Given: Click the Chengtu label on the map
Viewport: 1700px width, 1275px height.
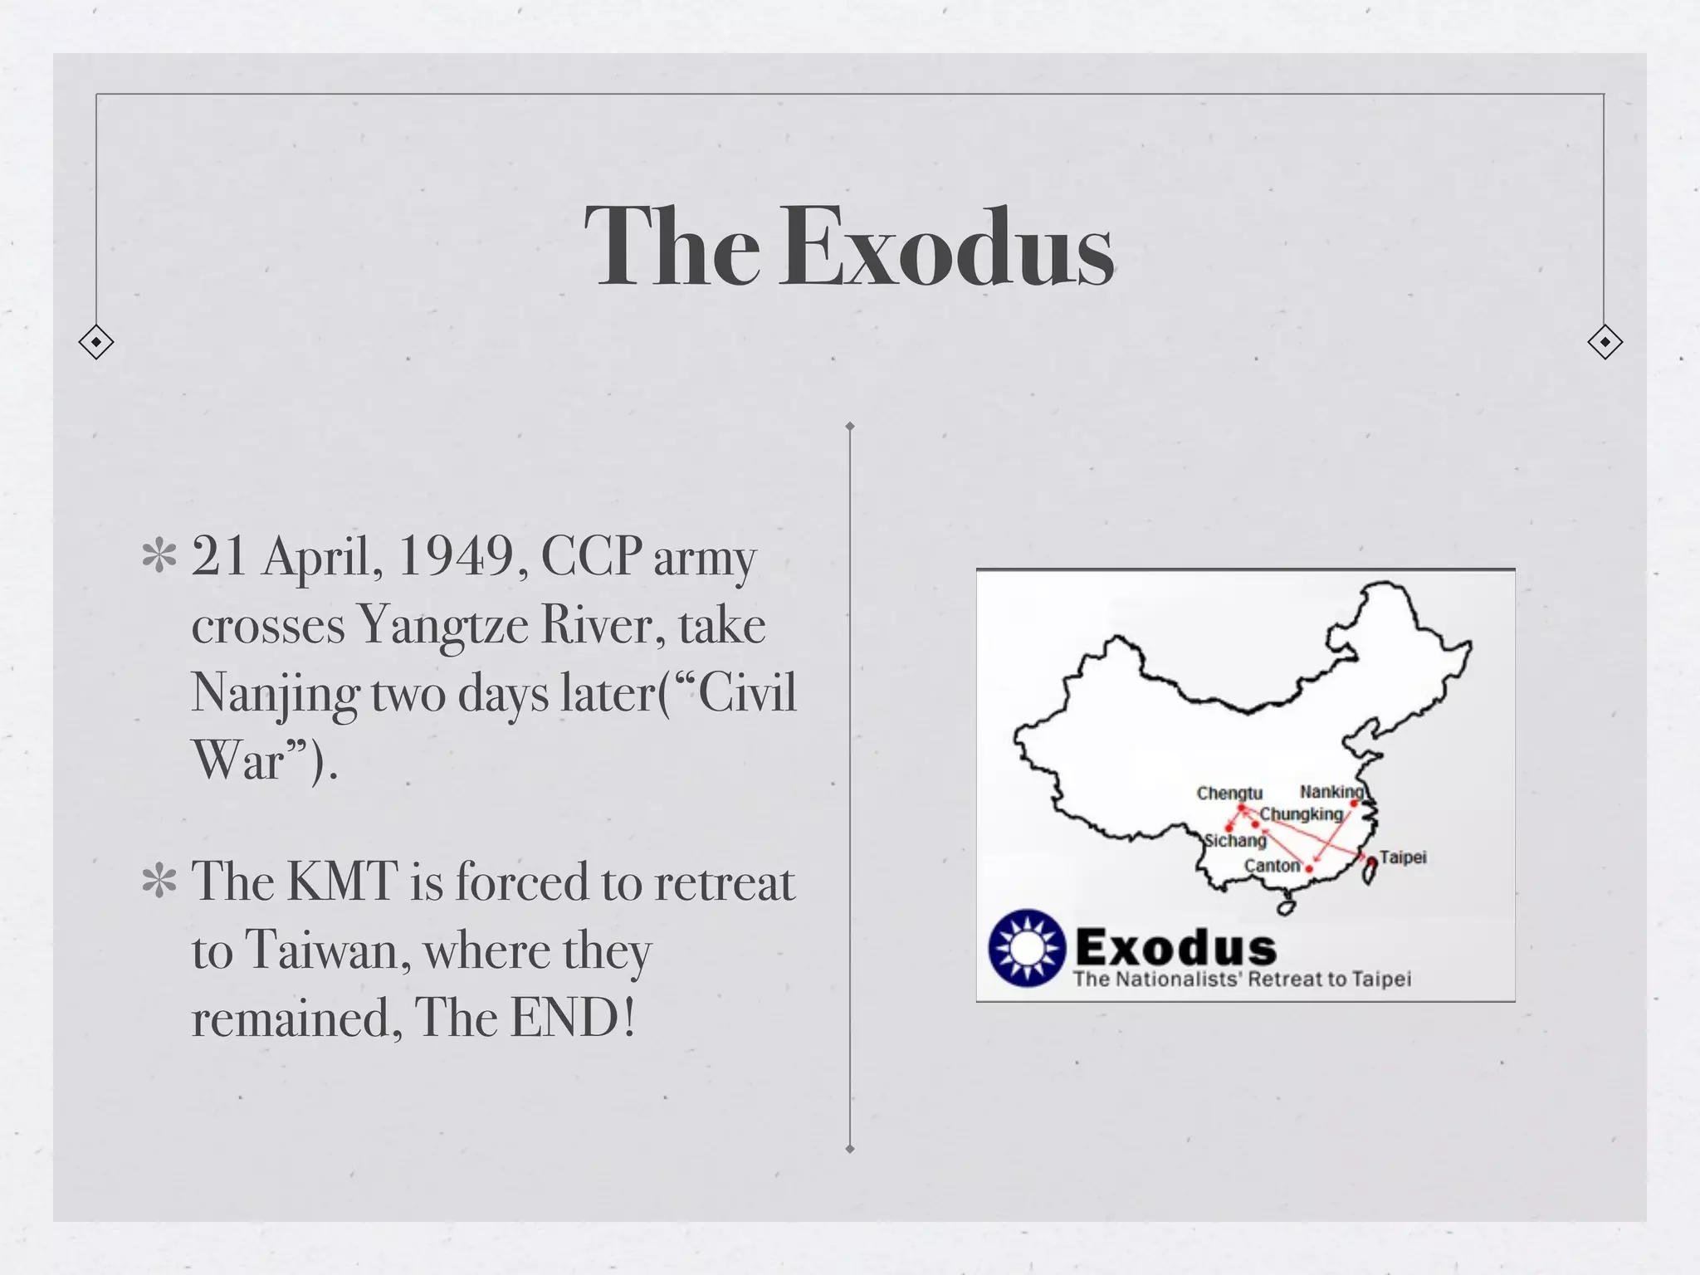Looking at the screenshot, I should point(1229,794).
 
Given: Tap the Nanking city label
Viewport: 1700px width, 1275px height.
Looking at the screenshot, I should point(1331,791).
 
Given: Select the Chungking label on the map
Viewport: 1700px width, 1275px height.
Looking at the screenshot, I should point(1301,814).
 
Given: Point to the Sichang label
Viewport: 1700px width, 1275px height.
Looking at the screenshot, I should point(1236,841).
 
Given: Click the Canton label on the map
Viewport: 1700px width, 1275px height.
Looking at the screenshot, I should point(1272,866).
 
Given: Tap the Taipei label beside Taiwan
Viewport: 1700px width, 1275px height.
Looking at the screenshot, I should point(1403,857).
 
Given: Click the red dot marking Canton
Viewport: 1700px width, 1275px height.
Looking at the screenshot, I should point(1309,869).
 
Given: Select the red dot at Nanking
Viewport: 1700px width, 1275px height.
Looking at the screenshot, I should point(1354,804).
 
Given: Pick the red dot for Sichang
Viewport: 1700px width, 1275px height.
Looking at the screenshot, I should point(1229,828).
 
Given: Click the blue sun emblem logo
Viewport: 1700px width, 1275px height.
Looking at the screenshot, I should point(1027,948).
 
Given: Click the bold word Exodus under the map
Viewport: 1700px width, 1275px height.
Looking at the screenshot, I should point(1175,947).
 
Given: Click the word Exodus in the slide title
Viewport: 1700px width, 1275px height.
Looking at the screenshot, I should point(945,248).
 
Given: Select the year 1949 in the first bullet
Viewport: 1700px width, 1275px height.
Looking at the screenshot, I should point(457,555).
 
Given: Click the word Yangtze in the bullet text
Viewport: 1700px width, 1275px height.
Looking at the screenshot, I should point(442,624).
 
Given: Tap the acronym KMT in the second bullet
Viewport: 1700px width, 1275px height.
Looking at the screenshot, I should point(342,881).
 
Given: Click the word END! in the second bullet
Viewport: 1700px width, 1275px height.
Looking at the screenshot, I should point(573,1018).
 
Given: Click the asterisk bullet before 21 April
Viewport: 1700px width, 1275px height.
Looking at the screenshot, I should point(159,557).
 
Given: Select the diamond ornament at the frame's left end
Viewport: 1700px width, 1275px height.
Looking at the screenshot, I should point(96,342).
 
